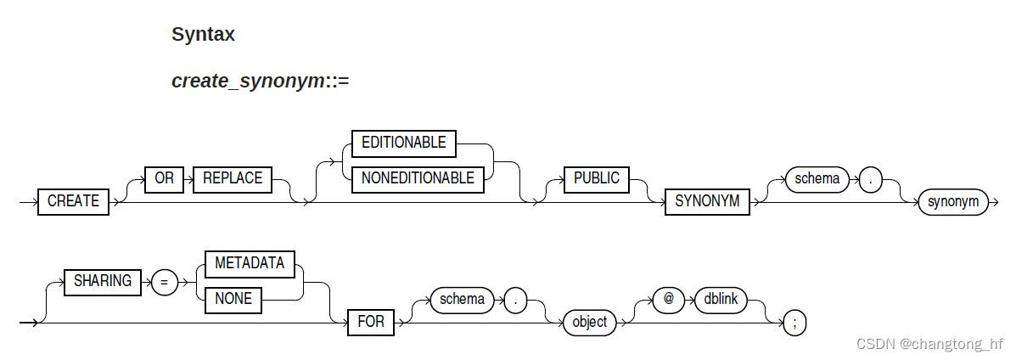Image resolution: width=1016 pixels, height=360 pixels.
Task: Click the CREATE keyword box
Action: pos(73,202)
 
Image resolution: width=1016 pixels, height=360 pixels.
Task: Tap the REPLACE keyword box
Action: pos(232,179)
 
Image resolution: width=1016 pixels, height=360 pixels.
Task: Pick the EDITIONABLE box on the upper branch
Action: pos(403,143)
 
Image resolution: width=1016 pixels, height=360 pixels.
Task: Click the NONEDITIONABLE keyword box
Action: pos(418,178)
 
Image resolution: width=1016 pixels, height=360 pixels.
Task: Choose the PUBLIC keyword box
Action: pos(596,179)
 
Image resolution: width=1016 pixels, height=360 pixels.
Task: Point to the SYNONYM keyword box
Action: pos(706,202)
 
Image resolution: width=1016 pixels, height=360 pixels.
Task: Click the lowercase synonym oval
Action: pos(952,202)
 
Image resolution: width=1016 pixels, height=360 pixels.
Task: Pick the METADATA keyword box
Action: pos(249,263)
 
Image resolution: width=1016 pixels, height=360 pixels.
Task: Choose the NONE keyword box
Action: pos(233,299)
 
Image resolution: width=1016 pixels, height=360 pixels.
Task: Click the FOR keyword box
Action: pos(371,323)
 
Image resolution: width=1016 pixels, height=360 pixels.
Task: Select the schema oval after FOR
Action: pos(463,300)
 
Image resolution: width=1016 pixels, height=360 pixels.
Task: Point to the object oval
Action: pos(589,323)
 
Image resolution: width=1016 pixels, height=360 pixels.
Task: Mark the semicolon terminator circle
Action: pos(794,323)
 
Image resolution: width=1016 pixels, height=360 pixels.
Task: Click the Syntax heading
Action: pos(203,35)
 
